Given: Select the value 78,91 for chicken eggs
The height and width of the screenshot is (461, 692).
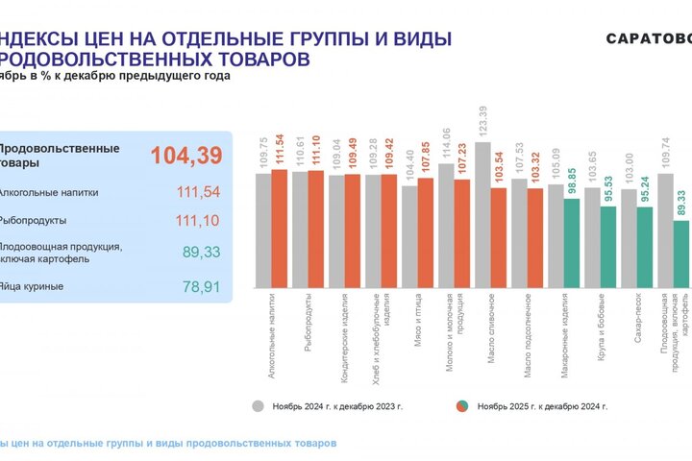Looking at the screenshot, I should (200, 286).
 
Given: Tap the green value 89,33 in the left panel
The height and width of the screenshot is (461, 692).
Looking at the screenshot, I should (200, 252).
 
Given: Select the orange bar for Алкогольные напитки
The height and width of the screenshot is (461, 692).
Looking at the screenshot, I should (280, 228).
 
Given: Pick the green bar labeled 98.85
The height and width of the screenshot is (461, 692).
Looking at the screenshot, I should (571, 242).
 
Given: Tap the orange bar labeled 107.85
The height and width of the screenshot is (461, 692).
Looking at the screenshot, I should (425, 232).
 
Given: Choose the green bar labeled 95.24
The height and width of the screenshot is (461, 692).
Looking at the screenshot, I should (644, 247).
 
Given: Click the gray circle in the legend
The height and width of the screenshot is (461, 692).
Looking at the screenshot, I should (258, 405).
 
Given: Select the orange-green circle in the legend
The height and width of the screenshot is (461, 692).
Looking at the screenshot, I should (463, 405).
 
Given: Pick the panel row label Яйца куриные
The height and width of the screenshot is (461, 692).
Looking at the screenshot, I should (32, 286).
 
